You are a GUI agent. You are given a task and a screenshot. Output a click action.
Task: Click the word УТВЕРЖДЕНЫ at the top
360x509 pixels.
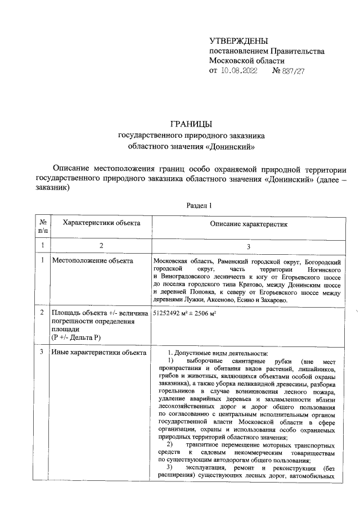(238, 41)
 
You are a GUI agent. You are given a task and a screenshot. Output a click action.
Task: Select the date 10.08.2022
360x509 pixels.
(238, 71)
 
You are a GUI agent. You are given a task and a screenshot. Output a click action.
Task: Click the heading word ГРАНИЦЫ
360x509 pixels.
(191, 124)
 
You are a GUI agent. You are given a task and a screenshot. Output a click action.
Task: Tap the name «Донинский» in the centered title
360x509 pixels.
(232, 147)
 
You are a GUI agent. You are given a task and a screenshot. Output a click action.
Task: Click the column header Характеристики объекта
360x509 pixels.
(101, 223)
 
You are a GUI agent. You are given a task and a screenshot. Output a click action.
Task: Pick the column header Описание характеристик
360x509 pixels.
(249, 224)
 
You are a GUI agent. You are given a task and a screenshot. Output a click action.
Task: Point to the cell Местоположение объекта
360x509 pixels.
(92, 260)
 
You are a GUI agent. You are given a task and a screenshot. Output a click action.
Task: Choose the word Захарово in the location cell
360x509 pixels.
(272, 301)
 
